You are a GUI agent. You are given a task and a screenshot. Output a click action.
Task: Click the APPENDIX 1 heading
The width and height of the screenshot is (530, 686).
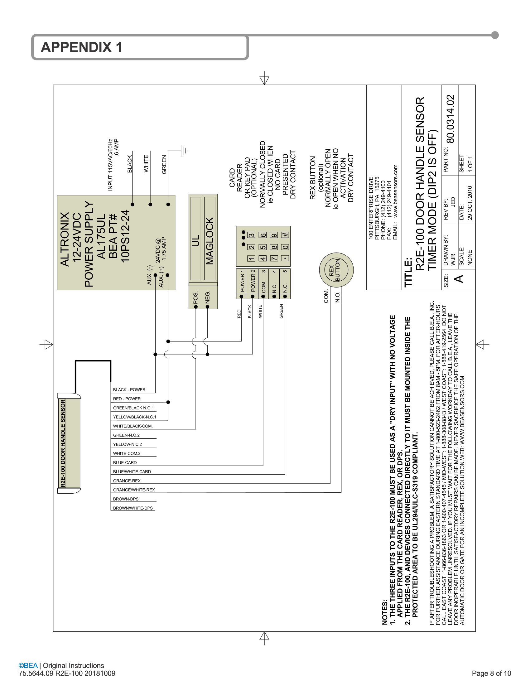tap(81, 47)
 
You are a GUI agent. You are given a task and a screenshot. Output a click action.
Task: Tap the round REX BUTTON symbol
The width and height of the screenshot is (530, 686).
tap(336, 269)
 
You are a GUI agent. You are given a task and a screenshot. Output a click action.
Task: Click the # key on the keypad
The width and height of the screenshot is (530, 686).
tap(285, 234)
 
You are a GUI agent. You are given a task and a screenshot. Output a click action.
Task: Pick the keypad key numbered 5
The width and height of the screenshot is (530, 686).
tap(263, 247)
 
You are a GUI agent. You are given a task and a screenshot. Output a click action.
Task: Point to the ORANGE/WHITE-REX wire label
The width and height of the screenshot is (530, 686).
tap(134, 490)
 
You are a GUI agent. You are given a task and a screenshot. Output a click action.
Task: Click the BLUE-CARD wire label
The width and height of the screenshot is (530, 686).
tap(125, 462)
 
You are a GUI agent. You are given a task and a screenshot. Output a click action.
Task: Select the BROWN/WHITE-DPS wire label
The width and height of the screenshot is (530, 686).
tap(133, 508)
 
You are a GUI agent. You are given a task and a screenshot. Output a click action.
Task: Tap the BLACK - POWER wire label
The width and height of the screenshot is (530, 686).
tap(129, 389)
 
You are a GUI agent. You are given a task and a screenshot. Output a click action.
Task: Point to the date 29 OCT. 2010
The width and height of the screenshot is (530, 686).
tap(470, 203)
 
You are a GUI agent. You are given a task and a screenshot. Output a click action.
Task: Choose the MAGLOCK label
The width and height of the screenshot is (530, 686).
tap(210, 241)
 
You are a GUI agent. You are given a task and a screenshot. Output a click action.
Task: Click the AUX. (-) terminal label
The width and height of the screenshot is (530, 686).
tap(149, 275)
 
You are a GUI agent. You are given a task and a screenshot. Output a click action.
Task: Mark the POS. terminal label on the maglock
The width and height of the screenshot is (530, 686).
tap(195, 298)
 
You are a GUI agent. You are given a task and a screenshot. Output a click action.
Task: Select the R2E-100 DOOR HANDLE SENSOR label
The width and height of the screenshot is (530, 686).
tap(63, 443)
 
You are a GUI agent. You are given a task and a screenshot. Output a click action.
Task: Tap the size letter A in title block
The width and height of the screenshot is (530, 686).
tap(459, 278)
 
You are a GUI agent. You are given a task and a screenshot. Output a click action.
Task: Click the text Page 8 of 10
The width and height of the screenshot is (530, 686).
tap(491, 673)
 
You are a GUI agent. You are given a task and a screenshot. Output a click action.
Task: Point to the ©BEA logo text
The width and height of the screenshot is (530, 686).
tap(28, 665)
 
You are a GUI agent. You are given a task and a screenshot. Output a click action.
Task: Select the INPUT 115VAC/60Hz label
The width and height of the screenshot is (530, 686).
tap(110, 165)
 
